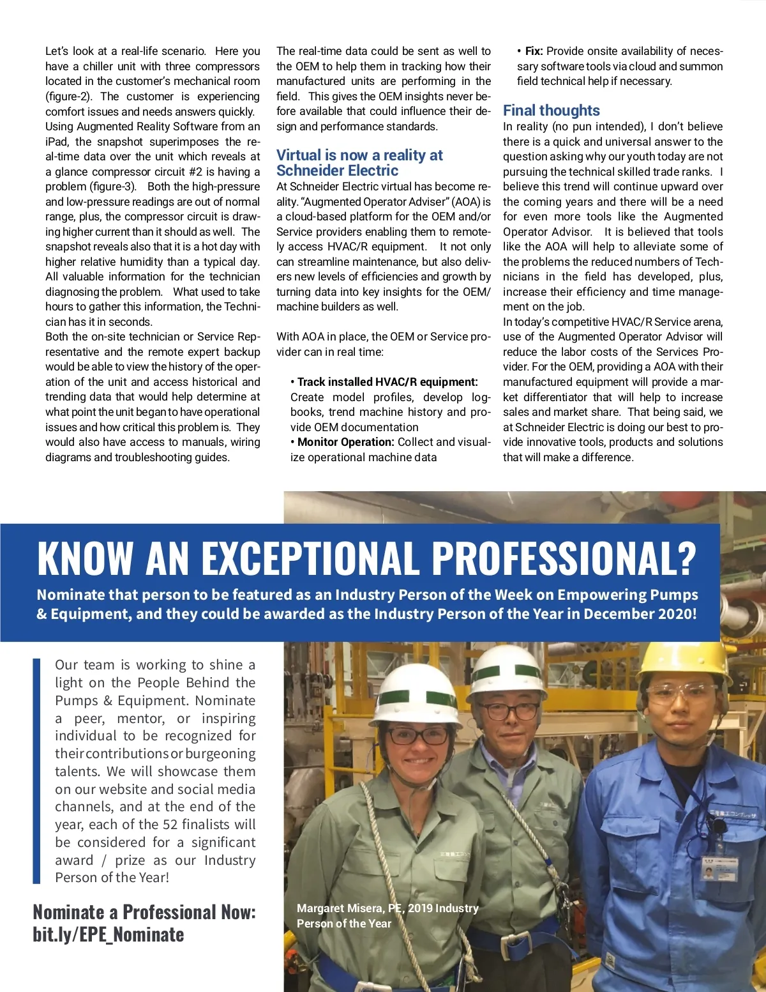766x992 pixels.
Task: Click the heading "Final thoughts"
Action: pos(551,111)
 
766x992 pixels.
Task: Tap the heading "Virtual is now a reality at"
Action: pos(359,155)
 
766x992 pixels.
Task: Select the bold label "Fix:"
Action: pos(534,51)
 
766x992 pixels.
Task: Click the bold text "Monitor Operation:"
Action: pos(345,442)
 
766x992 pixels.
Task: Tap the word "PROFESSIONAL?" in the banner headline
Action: pos(564,558)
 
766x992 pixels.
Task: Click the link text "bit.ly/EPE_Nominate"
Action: pos(109,935)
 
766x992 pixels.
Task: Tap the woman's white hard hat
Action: pos(416,696)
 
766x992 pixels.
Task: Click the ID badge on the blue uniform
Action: pos(719,869)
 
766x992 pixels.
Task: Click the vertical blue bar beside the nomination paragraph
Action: pos(36,771)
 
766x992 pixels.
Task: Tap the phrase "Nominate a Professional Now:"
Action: pos(144,912)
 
